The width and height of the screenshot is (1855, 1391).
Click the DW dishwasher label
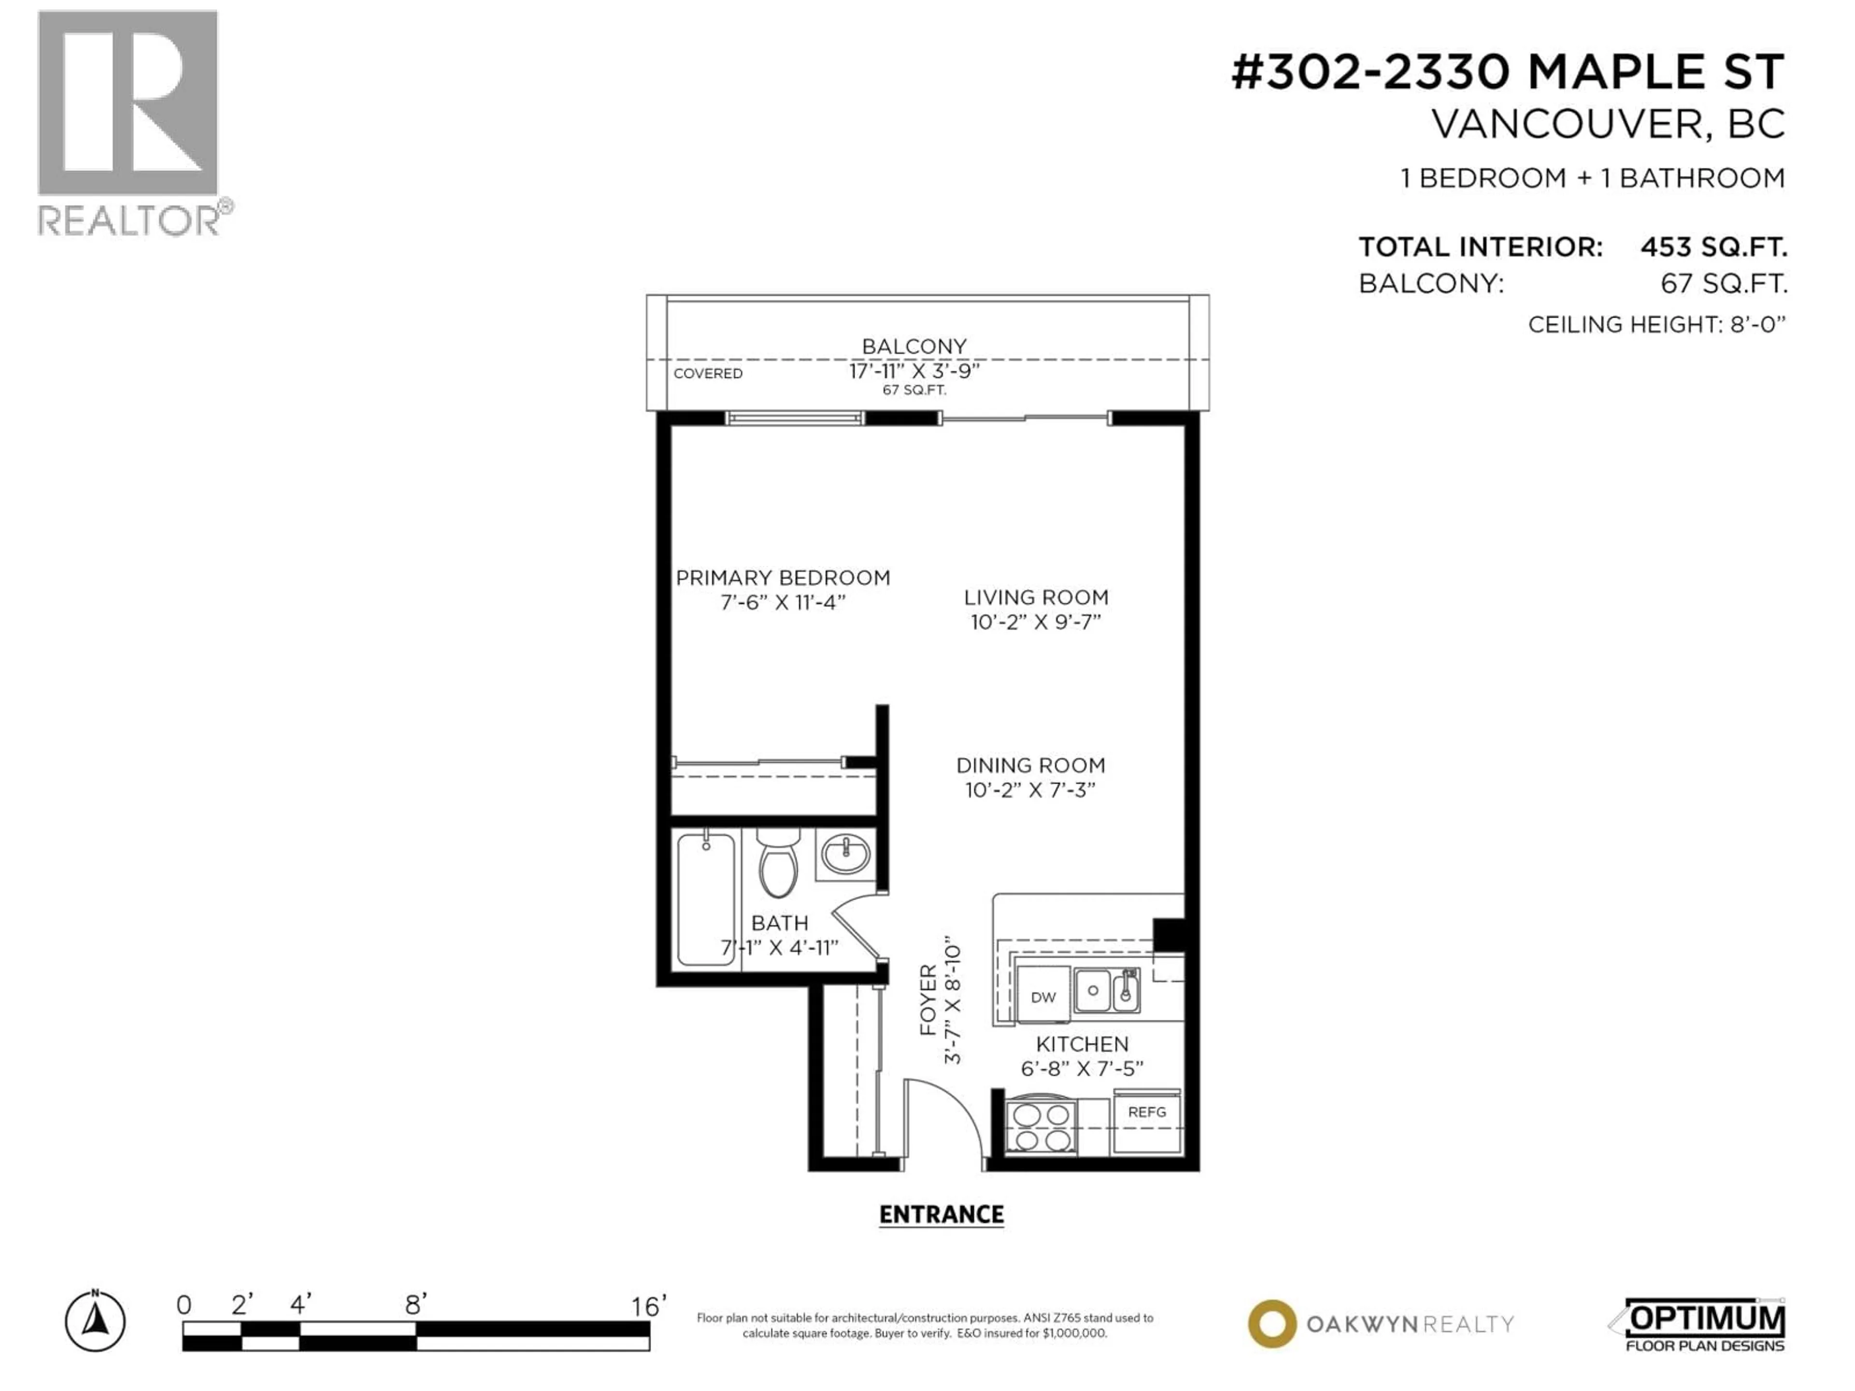[x=1043, y=997]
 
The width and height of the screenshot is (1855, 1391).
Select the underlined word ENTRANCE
[x=941, y=1214]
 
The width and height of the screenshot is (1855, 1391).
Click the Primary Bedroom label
[x=783, y=578]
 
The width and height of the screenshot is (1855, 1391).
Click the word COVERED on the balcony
[x=708, y=373]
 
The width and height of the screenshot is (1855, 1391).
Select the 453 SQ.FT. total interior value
[x=1713, y=247]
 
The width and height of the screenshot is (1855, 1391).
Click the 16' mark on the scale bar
[x=648, y=1306]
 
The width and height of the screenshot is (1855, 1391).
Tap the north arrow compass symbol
[x=96, y=1322]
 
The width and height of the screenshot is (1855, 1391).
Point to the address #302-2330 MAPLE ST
[x=1507, y=72]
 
